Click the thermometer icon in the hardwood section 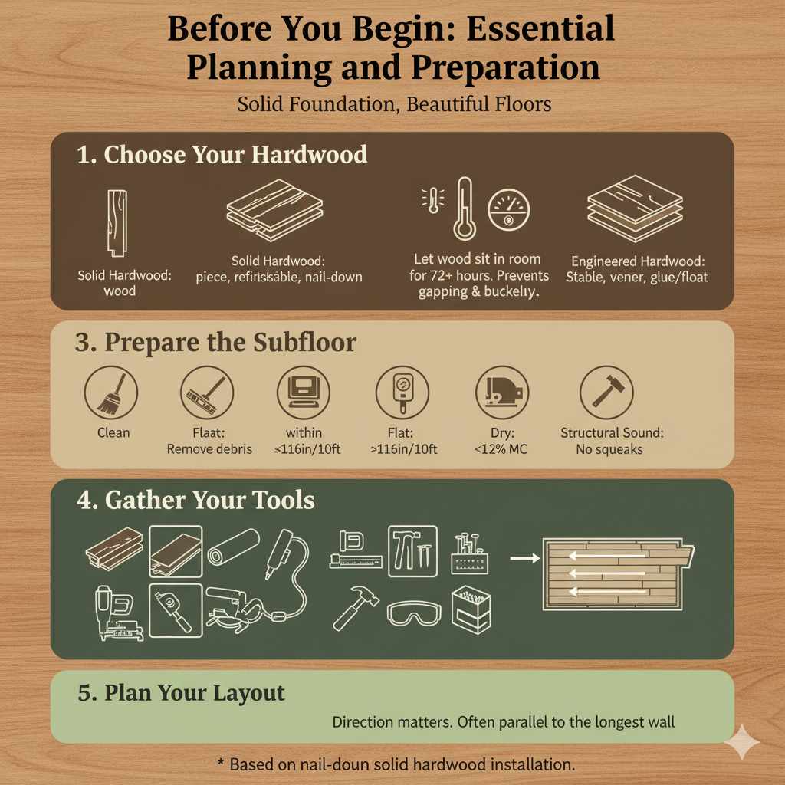pos(464,209)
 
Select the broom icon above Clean pos(112,392)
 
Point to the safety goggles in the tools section pos(414,613)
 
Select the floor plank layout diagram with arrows pos(617,573)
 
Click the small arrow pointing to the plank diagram pos(524,558)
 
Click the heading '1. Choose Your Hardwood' pos(222,154)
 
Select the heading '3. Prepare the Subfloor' pos(215,342)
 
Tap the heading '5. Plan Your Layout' pos(181,693)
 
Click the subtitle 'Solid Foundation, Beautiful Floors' pos(394,103)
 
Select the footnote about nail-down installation pos(396,764)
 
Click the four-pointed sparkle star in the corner pos(741,742)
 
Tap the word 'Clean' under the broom pos(113,433)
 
